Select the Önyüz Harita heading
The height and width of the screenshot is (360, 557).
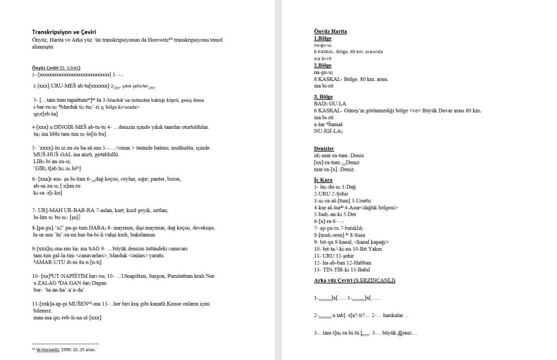click(x=330, y=32)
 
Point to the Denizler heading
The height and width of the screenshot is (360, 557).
click(x=324, y=148)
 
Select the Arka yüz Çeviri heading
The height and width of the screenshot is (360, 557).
click(x=354, y=280)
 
